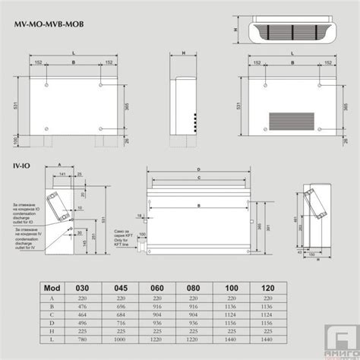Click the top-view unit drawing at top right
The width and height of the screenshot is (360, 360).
click(289, 30)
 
